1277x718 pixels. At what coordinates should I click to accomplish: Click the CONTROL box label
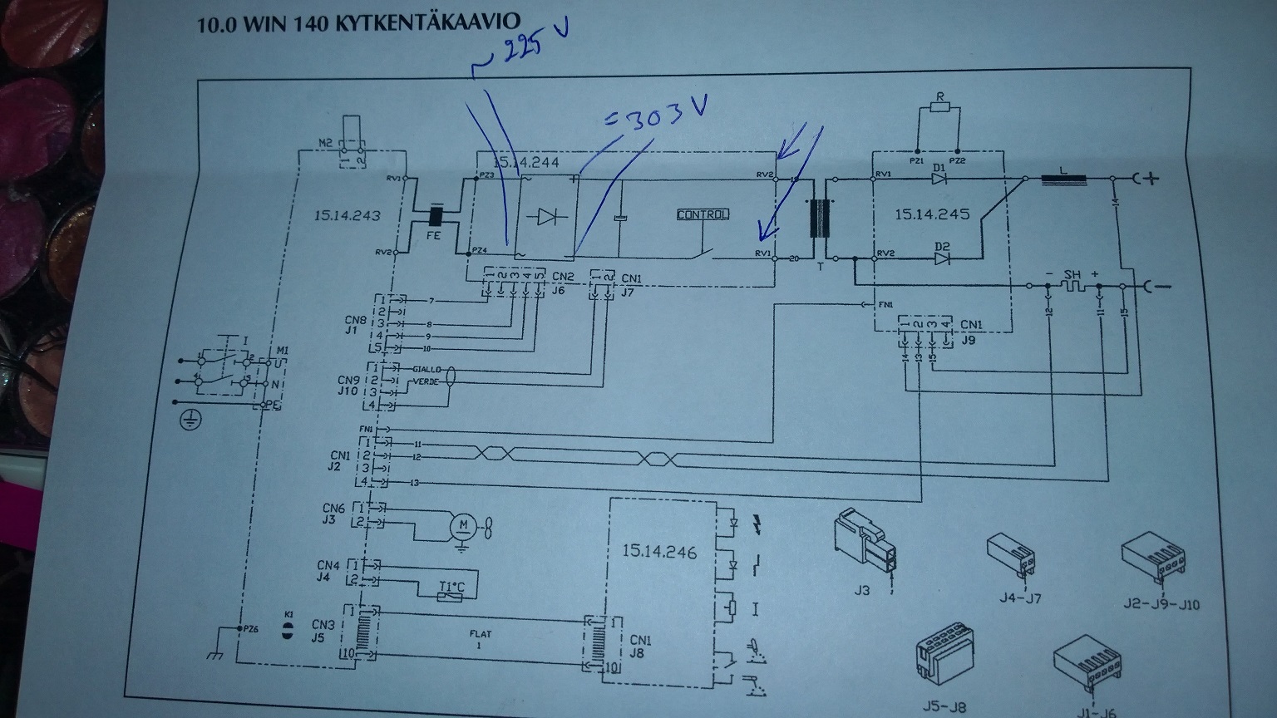tap(703, 214)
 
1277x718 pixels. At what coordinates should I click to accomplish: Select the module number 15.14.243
tap(348, 216)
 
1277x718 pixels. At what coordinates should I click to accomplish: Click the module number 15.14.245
tap(932, 214)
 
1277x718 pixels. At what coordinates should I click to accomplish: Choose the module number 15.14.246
tap(659, 552)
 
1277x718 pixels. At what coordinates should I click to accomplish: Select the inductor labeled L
tap(1063, 178)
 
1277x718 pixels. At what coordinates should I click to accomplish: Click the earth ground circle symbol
tap(189, 420)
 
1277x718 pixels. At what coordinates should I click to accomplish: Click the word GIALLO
tap(428, 369)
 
